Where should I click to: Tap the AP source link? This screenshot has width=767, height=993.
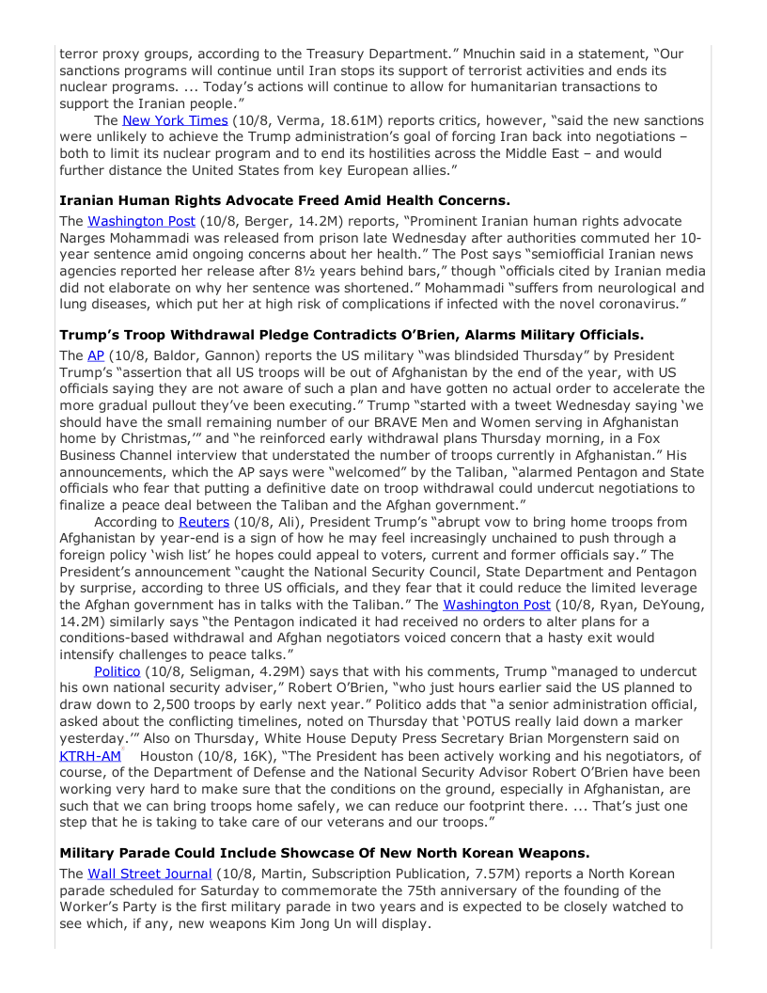point(95,357)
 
